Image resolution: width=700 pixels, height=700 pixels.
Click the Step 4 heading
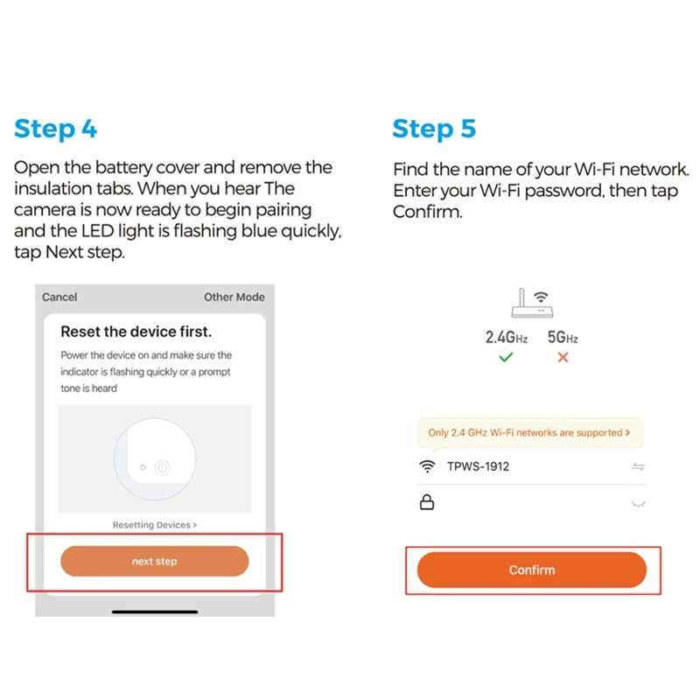click(56, 129)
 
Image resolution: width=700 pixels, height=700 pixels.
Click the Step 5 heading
click(434, 129)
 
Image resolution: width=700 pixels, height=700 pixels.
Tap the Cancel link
click(59, 297)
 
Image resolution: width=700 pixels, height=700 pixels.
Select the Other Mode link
click(234, 297)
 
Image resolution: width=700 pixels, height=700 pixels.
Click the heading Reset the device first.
click(136, 332)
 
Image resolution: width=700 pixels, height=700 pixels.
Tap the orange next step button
click(155, 561)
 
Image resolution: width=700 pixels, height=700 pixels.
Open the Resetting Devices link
click(155, 525)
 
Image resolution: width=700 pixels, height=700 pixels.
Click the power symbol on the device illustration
click(162, 467)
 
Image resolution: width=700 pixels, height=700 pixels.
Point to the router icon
click(532, 303)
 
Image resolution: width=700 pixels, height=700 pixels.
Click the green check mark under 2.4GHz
click(506, 357)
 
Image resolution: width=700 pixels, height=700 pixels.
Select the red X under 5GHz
click(563, 357)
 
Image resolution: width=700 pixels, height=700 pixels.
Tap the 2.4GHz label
click(507, 337)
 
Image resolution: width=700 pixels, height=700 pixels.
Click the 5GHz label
click(563, 337)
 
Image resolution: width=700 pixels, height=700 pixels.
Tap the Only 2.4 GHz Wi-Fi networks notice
click(530, 432)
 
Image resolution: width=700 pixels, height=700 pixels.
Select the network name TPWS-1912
click(478, 466)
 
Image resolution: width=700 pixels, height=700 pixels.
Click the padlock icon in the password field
click(427, 502)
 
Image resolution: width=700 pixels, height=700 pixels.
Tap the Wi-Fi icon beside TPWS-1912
click(427, 466)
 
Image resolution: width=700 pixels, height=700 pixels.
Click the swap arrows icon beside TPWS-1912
click(639, 467)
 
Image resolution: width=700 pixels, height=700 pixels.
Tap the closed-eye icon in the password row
click(639, 505)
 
